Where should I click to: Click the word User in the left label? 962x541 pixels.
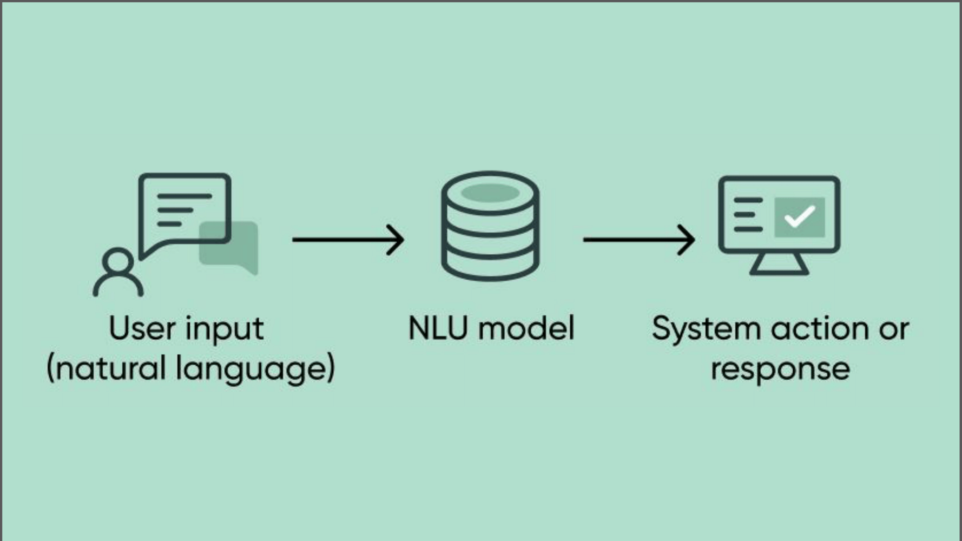click(142, 328)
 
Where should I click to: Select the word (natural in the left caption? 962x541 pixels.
click(107, 368)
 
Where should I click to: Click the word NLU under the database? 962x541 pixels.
click(438, 328)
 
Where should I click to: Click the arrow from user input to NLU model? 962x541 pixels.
click(348, 239)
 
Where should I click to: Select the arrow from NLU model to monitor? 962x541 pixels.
click(639, 239)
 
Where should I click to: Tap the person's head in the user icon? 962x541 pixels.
click(118, 262)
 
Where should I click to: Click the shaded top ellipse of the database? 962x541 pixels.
click(490, 193)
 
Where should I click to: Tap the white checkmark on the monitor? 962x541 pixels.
click(799, 217)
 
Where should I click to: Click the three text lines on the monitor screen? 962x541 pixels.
click(748, 215)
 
